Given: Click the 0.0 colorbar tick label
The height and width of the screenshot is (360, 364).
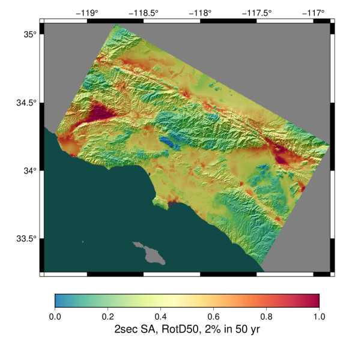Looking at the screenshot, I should click(55, 316).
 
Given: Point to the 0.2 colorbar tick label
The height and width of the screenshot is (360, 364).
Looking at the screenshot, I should click(108, 316).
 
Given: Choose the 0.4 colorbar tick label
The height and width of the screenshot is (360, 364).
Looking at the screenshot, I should click(160, 316).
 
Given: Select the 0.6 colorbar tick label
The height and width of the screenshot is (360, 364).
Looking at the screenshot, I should click(213, 316).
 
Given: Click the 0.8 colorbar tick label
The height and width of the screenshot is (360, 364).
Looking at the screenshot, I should click(266, 316).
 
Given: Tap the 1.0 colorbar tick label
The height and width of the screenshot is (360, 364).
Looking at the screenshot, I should click(319, 316).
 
